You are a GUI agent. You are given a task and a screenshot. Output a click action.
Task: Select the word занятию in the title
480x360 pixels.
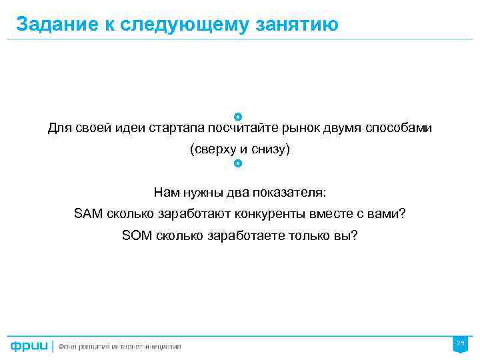click(296, 25)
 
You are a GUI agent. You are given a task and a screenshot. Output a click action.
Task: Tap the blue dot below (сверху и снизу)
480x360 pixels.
click(238, 163)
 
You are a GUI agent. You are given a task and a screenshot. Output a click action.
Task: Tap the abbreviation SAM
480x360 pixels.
click(87, 214)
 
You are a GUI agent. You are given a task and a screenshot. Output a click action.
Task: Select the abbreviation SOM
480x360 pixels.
click(136, 235)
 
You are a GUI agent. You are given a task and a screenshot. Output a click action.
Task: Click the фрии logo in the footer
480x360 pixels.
click(29, 346)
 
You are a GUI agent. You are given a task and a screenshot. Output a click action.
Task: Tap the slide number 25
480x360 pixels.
click(459, 343)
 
